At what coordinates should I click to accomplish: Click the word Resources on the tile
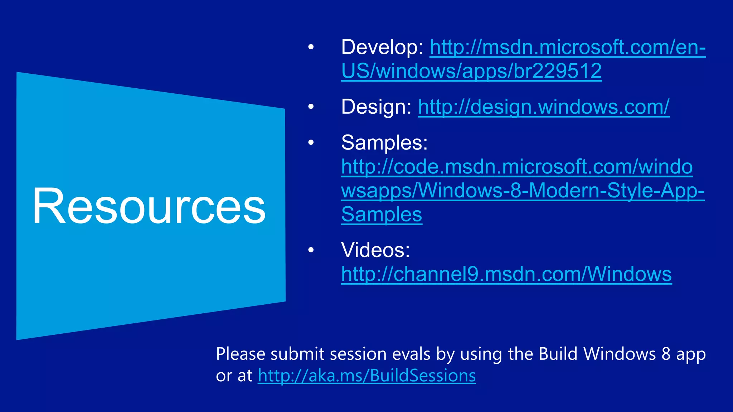point(149,207)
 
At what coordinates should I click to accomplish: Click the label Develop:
point(382,47)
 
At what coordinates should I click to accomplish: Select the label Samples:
point(384,143)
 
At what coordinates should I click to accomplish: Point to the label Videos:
point(375,250)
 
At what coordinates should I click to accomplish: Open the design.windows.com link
point(543,107)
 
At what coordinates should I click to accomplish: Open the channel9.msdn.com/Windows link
point(506,274)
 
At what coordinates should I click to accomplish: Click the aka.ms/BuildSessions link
point(366,376)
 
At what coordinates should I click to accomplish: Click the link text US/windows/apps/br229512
point(471,71)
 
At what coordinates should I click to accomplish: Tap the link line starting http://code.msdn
point(516,167)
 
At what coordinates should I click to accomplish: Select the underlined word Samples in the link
point(382,215)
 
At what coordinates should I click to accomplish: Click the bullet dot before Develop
point(311,47)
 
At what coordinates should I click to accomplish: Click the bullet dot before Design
point(311,107)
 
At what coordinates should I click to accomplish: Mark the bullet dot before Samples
point(311,143)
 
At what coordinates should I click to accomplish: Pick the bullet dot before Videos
point(311,250)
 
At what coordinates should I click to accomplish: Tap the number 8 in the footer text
point(666,354)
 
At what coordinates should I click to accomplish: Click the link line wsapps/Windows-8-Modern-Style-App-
point(523,191)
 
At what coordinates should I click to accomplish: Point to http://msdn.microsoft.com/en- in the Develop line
point(567,47)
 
